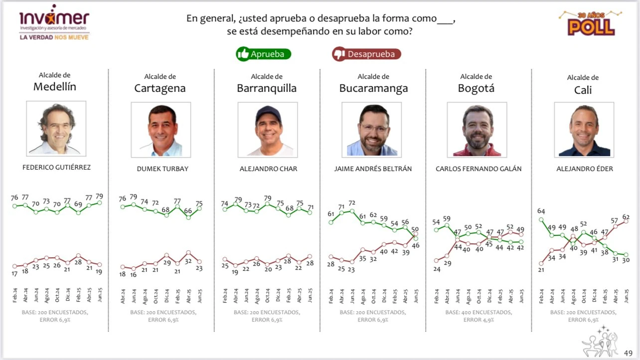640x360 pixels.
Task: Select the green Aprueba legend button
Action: (264, 54)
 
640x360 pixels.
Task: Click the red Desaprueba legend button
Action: (366, 54)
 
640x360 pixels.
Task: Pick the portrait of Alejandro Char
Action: (268, 130)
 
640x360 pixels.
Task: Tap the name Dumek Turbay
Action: (162, 169)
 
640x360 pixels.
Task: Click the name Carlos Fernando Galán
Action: (479, 169)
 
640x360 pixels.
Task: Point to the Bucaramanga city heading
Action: (373, 88)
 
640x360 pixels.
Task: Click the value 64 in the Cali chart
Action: (541, 211)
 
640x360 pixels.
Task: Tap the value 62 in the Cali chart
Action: (626, 217)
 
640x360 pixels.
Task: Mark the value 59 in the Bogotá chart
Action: (447, 218)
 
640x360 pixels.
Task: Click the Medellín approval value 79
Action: (100, 196)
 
